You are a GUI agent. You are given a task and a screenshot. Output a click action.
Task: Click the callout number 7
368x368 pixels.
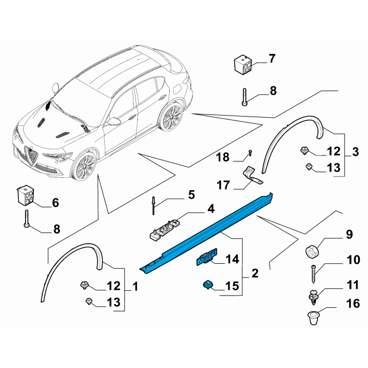tap(272, 58)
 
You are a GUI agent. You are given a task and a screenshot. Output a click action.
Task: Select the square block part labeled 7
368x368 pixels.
tap(243, 64)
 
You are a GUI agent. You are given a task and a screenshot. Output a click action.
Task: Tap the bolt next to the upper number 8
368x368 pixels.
tap(244, 97)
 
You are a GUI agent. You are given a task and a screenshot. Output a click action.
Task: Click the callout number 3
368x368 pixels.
tap(355, 152)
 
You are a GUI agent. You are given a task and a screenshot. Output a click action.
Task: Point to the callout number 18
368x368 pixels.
tap(222, 157)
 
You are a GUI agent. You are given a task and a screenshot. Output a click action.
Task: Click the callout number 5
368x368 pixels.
tap(192, 195)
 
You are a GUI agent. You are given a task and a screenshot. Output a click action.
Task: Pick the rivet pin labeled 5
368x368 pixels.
tap(153, 205)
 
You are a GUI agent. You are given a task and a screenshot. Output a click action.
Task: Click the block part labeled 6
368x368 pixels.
tap(25, 195)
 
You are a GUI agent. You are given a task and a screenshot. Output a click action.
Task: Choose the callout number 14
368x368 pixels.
tap(232, 259)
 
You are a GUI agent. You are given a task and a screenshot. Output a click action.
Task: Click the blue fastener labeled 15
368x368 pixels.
tap(208, 285)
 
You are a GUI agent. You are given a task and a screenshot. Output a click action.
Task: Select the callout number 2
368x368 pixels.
tap(255, 273)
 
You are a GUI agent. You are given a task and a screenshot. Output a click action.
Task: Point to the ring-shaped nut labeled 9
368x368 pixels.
tap(312, 251)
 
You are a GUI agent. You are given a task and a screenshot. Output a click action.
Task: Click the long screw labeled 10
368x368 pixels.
tap(314, 274)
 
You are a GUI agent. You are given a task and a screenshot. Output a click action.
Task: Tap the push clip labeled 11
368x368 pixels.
tap(313, 297)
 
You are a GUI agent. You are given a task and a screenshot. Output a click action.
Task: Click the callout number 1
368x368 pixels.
tap(135, 287)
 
